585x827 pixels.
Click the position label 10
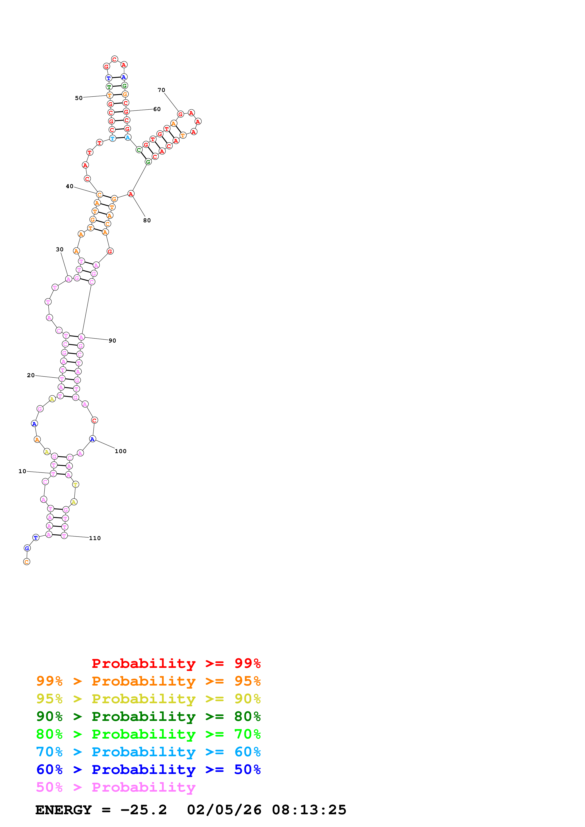[22, 471]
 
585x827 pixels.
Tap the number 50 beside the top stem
[79, 98]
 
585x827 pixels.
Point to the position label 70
[161, 90]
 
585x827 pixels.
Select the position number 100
[120, 451]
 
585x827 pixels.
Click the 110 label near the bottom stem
[95, 538]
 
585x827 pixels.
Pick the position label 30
[59, 249]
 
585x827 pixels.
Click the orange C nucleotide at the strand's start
[27, 562]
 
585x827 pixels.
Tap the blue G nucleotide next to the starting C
[27, 548]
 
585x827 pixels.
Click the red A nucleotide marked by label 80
[131, 194]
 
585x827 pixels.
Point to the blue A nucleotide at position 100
[92, 439]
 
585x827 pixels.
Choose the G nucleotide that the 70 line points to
[180, 114]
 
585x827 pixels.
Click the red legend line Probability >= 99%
[176, 663]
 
